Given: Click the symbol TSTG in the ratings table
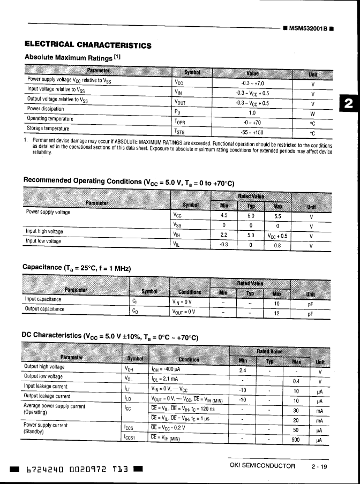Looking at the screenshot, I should pos(179,131).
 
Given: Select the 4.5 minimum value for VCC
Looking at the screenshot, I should pos(224,216).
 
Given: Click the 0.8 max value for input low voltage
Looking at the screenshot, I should pos(277,246).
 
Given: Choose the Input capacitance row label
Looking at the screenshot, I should pos(43,300).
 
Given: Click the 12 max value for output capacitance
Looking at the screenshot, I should pos(277,314).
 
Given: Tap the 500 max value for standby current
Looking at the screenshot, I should pos(295,440).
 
